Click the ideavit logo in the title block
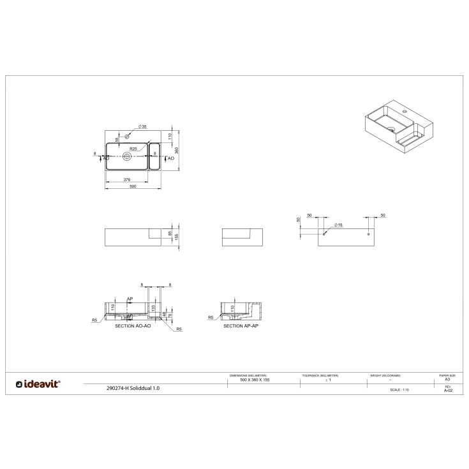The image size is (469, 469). (x=38, y=383)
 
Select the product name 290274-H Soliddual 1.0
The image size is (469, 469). (x=134, y=387)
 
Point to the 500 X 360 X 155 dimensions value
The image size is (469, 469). (x=248, y=380)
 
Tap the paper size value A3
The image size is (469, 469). (x=447, y=380)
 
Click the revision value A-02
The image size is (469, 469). (x=447, y=390)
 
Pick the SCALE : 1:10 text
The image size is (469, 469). (x=399, y=389)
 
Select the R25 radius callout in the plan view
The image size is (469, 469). (x=133, y=149)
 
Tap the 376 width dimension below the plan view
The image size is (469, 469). (x=126, y=180)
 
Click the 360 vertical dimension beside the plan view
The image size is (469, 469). (x=177, y=150)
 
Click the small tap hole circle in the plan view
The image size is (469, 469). (x=127, y=136)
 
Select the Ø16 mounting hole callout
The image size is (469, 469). (x=339, y=226)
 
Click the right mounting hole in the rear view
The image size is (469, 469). (x=368, y=234)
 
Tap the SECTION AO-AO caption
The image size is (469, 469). (x=132, y=326)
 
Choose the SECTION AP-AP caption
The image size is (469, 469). (x=241, y=326)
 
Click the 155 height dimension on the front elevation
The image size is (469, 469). (x=177, y=235)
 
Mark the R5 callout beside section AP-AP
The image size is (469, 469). (x=211, y=317)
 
